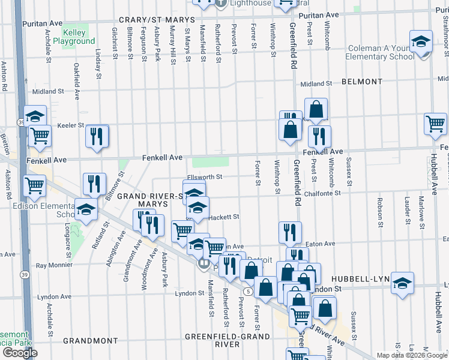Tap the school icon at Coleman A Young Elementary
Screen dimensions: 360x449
[421, 42]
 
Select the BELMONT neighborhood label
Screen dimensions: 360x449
[361, 82]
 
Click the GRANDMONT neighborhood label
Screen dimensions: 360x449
[91, 340]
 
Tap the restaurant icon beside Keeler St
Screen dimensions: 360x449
[97, 136]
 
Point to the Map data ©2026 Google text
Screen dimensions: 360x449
[412, 355]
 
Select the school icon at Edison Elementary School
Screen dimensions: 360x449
[86, 210]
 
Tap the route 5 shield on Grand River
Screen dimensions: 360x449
[247, 291]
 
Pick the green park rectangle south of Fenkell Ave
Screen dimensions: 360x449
[211, 162]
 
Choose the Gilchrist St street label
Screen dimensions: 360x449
[113, 43]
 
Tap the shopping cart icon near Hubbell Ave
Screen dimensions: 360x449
[435, 124]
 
